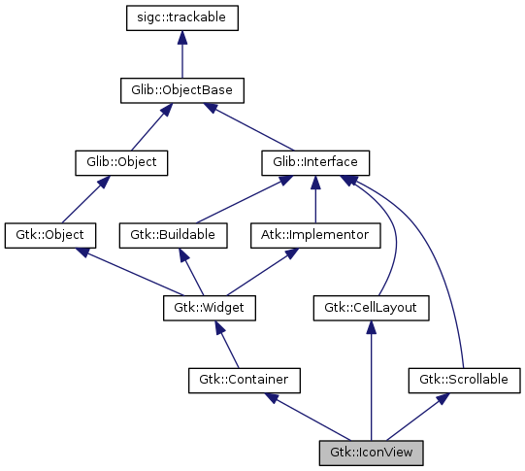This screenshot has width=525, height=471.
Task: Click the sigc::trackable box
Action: pos(181,17)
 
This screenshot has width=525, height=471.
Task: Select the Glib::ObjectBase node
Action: pos(181,90)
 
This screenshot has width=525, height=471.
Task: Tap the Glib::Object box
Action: pos(122,162)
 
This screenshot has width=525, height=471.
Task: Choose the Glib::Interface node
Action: pos(315,162)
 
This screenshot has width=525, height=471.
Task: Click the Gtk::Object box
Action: pos(49,234)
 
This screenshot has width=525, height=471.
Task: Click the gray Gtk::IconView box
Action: pos(371,451)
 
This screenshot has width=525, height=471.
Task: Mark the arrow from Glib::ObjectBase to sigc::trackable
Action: pos(181,53)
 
